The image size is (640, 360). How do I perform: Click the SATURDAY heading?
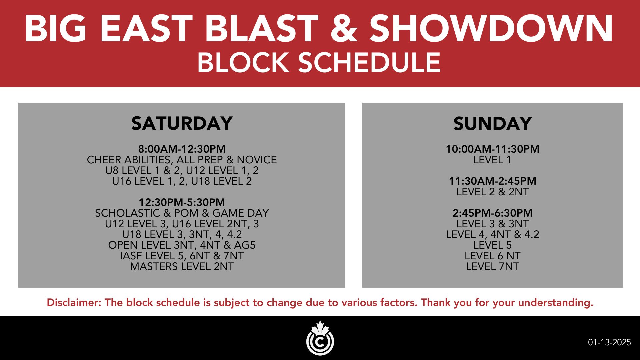(x=182, y=123)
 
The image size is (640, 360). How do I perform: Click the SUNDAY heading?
(x=492, y=124)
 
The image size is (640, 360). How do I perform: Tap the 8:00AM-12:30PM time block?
(x=182, y=149)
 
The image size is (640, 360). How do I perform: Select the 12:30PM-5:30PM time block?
(x=182, y=202)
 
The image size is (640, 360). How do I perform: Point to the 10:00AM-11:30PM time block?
(x=492, y=149)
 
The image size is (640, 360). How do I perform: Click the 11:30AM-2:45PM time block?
(x=492, y=181)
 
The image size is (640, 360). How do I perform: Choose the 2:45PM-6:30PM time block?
(x=492, y=213)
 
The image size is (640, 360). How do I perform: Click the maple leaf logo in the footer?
(x=320, y=338)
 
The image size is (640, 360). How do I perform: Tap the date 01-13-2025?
(x=609, y=342)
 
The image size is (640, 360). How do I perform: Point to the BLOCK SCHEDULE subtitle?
(x=319, y=63)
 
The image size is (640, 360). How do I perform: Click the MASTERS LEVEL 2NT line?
(x=182, y=266)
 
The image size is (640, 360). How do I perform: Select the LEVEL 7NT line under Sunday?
(x=492, y=266)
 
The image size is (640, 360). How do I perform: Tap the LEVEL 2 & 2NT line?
(x=492, y=192)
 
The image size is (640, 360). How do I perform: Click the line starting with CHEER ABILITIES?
(x=182, y=160)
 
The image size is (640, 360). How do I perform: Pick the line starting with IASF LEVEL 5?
(x=182, y=256)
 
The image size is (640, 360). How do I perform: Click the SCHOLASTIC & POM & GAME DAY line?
(x=182, y=213)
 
